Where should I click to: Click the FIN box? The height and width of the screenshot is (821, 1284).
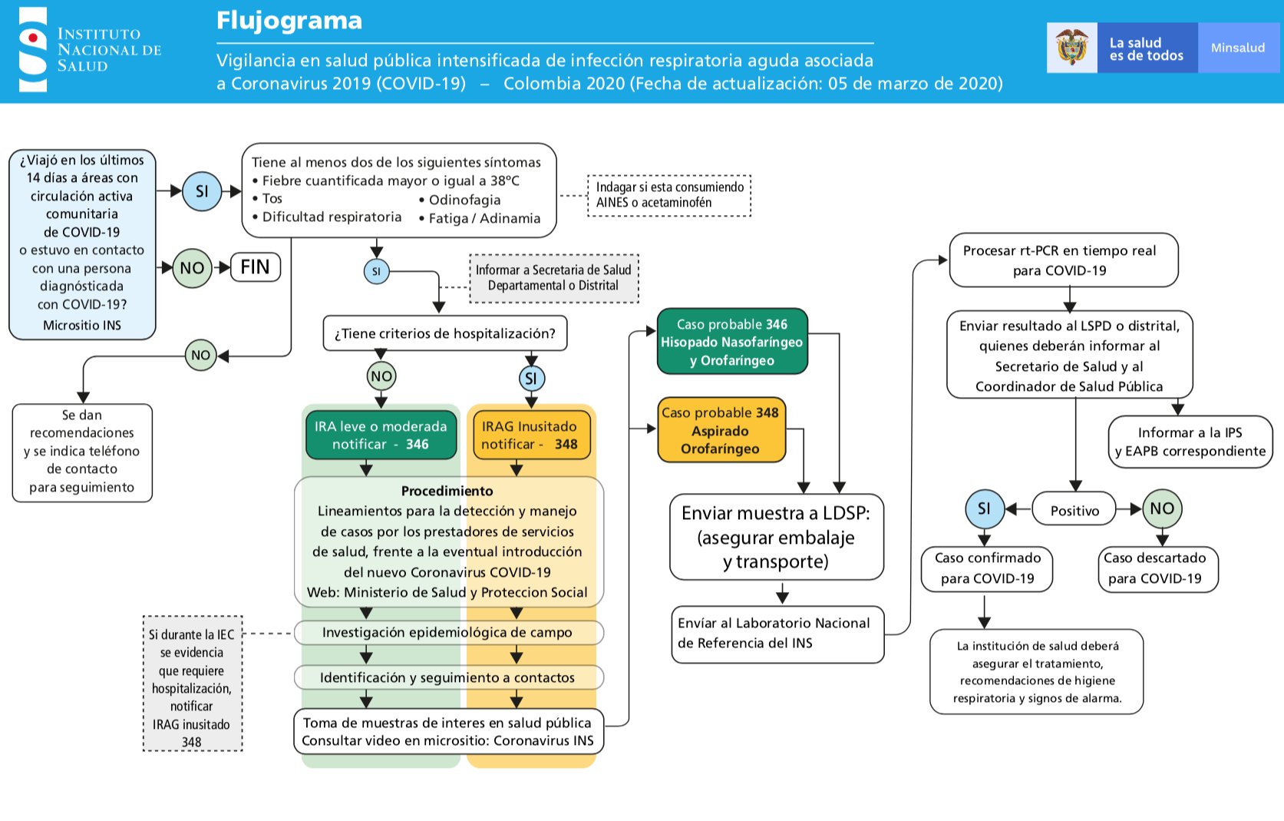coord(255,267)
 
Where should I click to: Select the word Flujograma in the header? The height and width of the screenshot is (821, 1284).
coord(289,20)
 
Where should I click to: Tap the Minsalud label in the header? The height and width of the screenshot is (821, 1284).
coord(1237,48)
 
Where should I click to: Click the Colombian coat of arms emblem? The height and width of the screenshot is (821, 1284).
coord(1072,48)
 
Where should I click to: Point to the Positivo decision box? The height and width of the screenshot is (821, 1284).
coord(1074,510)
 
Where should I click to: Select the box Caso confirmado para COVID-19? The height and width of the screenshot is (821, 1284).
coord(987,568)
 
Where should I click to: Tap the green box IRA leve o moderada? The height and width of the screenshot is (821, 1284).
coord(381,435)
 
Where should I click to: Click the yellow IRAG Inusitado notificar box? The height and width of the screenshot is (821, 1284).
coord(529,435)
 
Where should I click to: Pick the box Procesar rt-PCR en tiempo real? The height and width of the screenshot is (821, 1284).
coord(1062,260)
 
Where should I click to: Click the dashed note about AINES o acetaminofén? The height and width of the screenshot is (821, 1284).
coord(669,195)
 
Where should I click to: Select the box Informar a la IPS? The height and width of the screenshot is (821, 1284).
coord(1190,442)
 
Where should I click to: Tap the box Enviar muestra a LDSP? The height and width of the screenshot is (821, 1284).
coord(776,537)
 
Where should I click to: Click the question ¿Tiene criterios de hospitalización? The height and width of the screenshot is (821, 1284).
coord(445,333)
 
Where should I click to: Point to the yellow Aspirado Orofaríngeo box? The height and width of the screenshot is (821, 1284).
coord(721,431)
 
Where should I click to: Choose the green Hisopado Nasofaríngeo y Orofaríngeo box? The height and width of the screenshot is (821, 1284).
coord(732,343)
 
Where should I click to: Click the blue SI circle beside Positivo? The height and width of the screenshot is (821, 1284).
coord(984,509)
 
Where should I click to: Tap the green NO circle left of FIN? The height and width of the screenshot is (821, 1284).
coord(192,268)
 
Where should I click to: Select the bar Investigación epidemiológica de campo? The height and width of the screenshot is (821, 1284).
coord(448,633)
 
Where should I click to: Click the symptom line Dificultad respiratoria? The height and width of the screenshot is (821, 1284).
coord(332,217)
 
